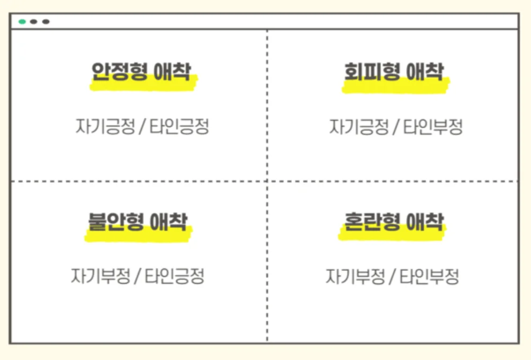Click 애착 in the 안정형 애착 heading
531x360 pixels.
[x=172, y=71]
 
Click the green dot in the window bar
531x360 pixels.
[x=23, y=21]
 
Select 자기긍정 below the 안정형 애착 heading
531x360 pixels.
[x=105, y=127]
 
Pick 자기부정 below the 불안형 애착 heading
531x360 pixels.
[x=101, y=276]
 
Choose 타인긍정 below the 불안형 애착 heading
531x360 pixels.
[x=175, y=276]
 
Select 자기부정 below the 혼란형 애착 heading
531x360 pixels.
[x=355, y=276]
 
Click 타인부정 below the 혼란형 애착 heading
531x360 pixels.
[x=430, y=276]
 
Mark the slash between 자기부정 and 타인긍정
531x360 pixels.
[x=137, y=276]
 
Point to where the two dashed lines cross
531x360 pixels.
[x=267, y=181]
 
